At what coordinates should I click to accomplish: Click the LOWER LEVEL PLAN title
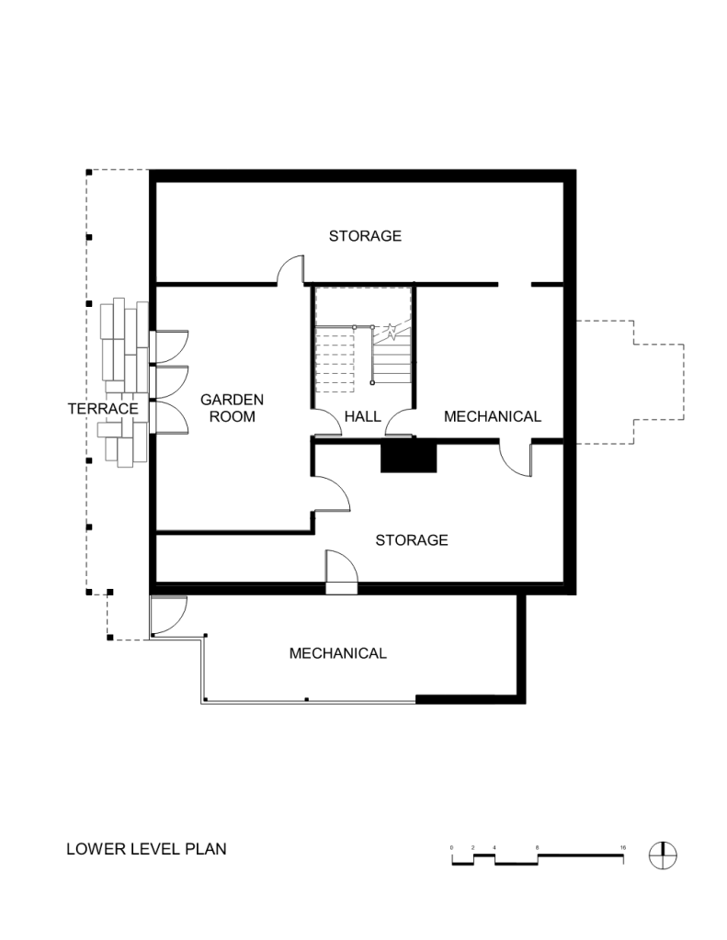146,849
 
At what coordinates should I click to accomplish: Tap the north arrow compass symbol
663,855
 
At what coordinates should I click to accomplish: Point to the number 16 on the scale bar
622,848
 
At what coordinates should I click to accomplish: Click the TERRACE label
103,409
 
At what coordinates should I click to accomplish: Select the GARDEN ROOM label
233,408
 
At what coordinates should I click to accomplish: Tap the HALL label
363,416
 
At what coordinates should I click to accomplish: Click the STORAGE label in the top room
365,235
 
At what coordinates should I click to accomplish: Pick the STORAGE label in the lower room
412,540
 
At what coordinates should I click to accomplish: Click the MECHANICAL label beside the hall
493,416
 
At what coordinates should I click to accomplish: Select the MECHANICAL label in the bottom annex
337,652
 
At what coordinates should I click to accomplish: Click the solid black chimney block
408,455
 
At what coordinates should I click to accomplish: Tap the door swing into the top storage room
290,270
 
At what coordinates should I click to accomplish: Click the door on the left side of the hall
327,422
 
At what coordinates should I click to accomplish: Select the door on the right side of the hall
400,422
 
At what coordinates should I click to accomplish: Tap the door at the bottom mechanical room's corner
168,616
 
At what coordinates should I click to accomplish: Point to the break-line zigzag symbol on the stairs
391,332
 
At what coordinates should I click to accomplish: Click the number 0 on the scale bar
451,848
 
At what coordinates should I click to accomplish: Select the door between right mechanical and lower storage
516,459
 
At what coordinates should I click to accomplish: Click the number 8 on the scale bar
537,848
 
